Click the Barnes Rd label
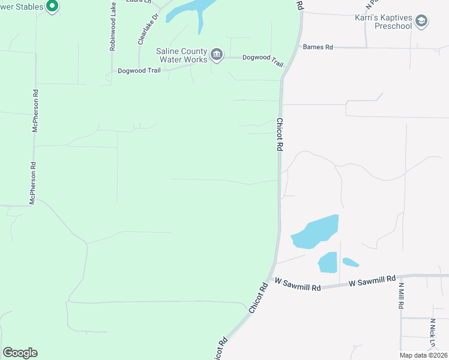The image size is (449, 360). tap(318, 47)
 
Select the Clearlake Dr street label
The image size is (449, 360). tap(148, 29)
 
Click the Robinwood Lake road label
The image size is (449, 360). tap(113, 25)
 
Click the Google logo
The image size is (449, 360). tap(20, 353)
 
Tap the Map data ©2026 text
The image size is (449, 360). tap(423, 355)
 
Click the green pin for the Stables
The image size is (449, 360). tap(52, 7)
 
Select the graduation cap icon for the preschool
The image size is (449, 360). tap(422, 22)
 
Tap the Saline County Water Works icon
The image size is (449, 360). tap(217, 56)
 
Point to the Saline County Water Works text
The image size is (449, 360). tap(182, 56)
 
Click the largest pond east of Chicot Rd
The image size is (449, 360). tap(316, 232)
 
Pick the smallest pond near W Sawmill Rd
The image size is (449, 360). tap(351, 262)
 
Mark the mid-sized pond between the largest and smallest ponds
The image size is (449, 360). tap(328, 262)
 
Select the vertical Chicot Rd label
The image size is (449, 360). tap(279, 134)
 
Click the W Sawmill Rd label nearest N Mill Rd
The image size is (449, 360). tap(373, 280)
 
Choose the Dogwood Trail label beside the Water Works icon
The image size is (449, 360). tap(262, 58)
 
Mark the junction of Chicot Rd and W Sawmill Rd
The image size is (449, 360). tap(273, 278)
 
